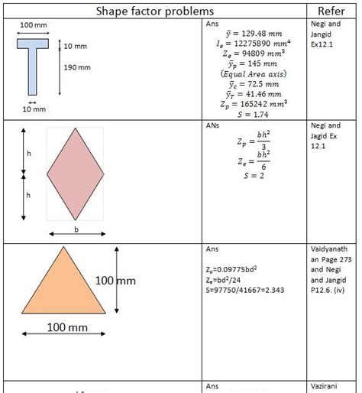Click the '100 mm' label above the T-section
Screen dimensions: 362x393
(x=33, y=25)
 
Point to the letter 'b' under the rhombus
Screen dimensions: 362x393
(x=76, y=228)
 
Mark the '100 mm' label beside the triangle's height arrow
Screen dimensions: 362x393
(x=115, y=281)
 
